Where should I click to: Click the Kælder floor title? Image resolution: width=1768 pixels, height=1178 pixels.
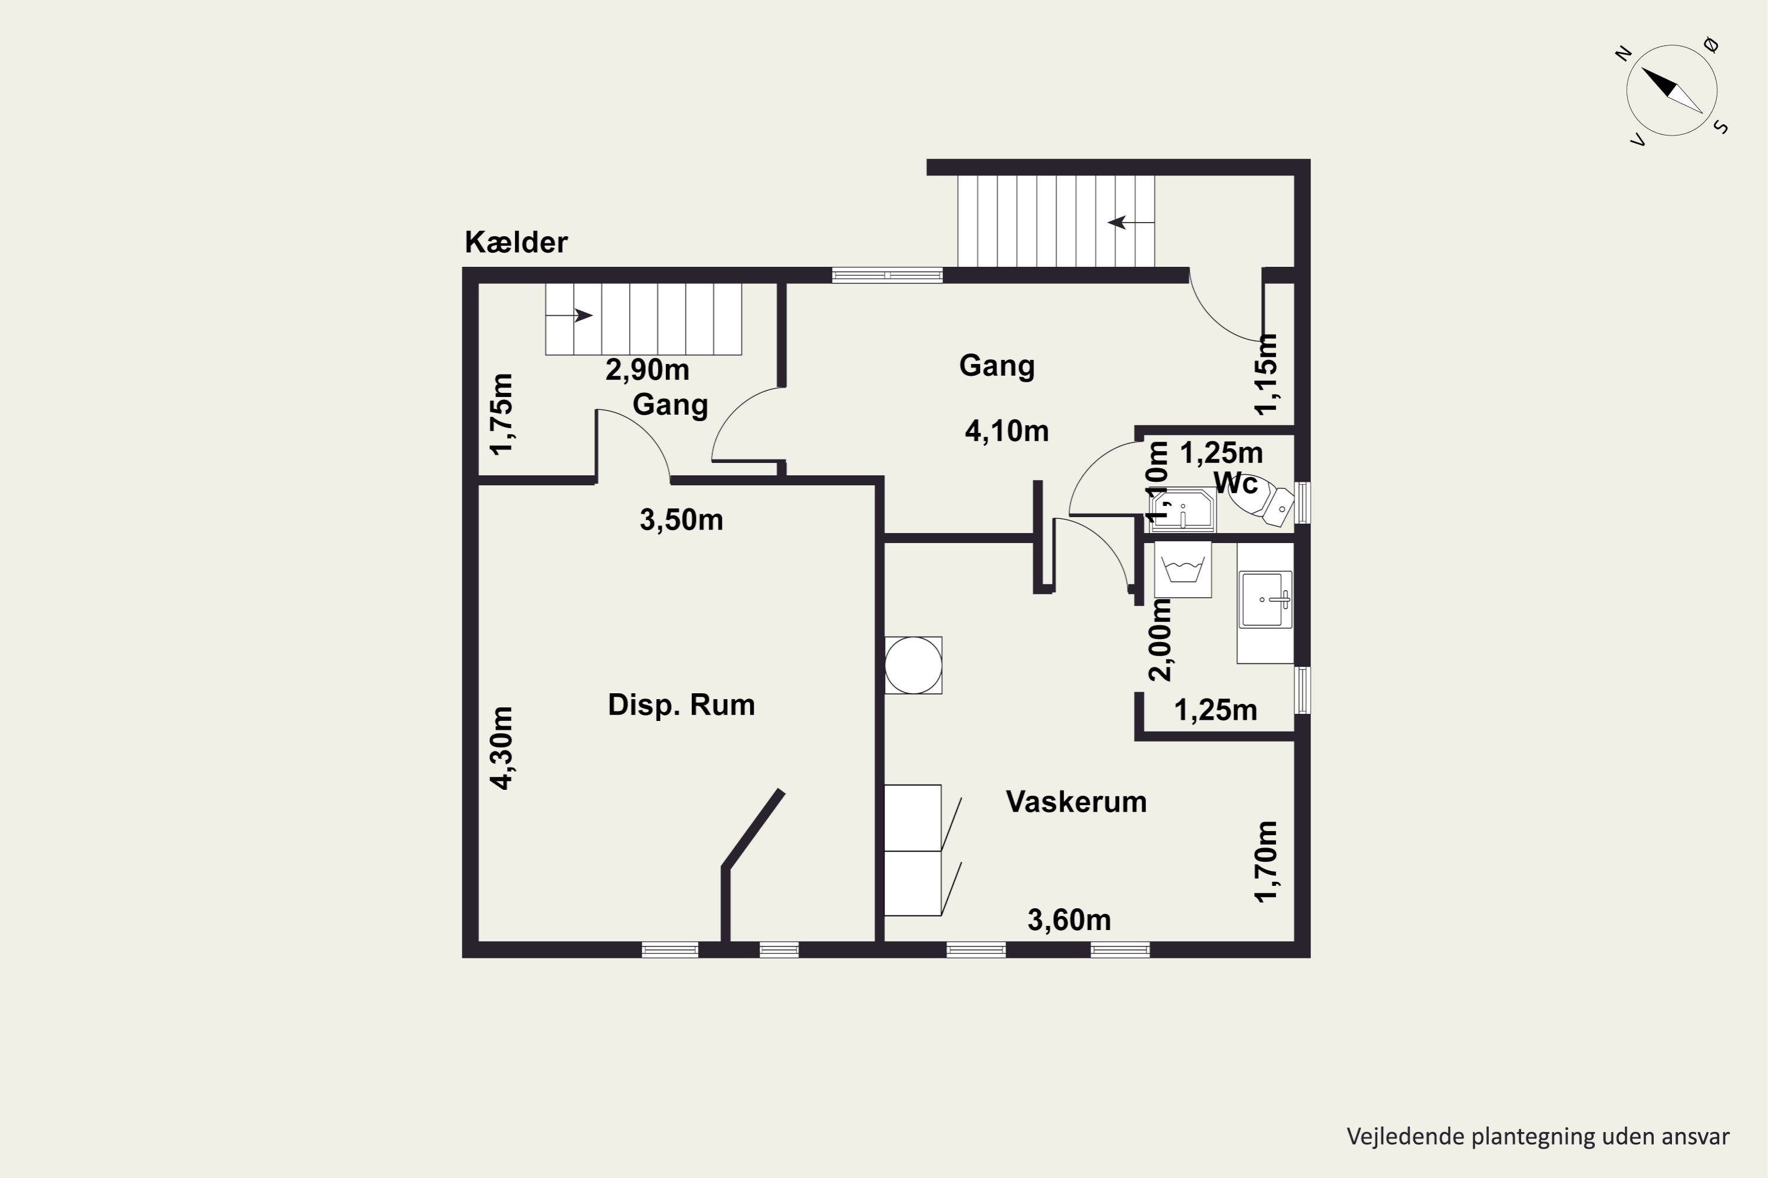(x=516, y=242)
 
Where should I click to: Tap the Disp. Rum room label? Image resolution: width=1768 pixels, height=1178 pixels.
(x=681, y=704)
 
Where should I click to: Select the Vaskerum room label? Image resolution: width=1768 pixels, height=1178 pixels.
(x=1077, y=802)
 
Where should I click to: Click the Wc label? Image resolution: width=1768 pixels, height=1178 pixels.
(x=1236, y=483)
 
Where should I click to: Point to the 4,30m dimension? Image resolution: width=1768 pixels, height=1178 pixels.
(x=502, y=748)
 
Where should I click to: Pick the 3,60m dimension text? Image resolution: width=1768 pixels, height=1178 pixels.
(x=1069, y=919)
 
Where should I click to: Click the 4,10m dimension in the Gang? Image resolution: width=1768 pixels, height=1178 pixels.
(x=1007, y=431)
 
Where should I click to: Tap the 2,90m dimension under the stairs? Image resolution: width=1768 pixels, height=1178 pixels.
(x=647, y=370)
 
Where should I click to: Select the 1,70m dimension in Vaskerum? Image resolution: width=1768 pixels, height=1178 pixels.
(x=1266, y=862)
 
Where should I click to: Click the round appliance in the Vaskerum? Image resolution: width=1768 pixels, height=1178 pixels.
(x=913, y=666)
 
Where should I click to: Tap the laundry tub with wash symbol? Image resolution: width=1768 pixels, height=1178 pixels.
(x=1183, y=569)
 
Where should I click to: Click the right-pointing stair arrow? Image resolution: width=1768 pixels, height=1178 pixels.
(x=569, y=316)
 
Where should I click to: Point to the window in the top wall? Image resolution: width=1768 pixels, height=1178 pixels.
(x=887, y=276)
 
